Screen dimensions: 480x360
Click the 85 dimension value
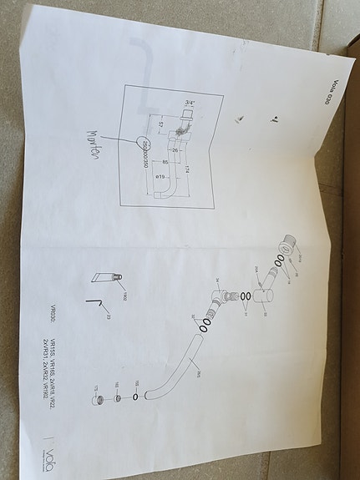(x=166, y=161)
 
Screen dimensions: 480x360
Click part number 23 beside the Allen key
(x=108, y=316)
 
